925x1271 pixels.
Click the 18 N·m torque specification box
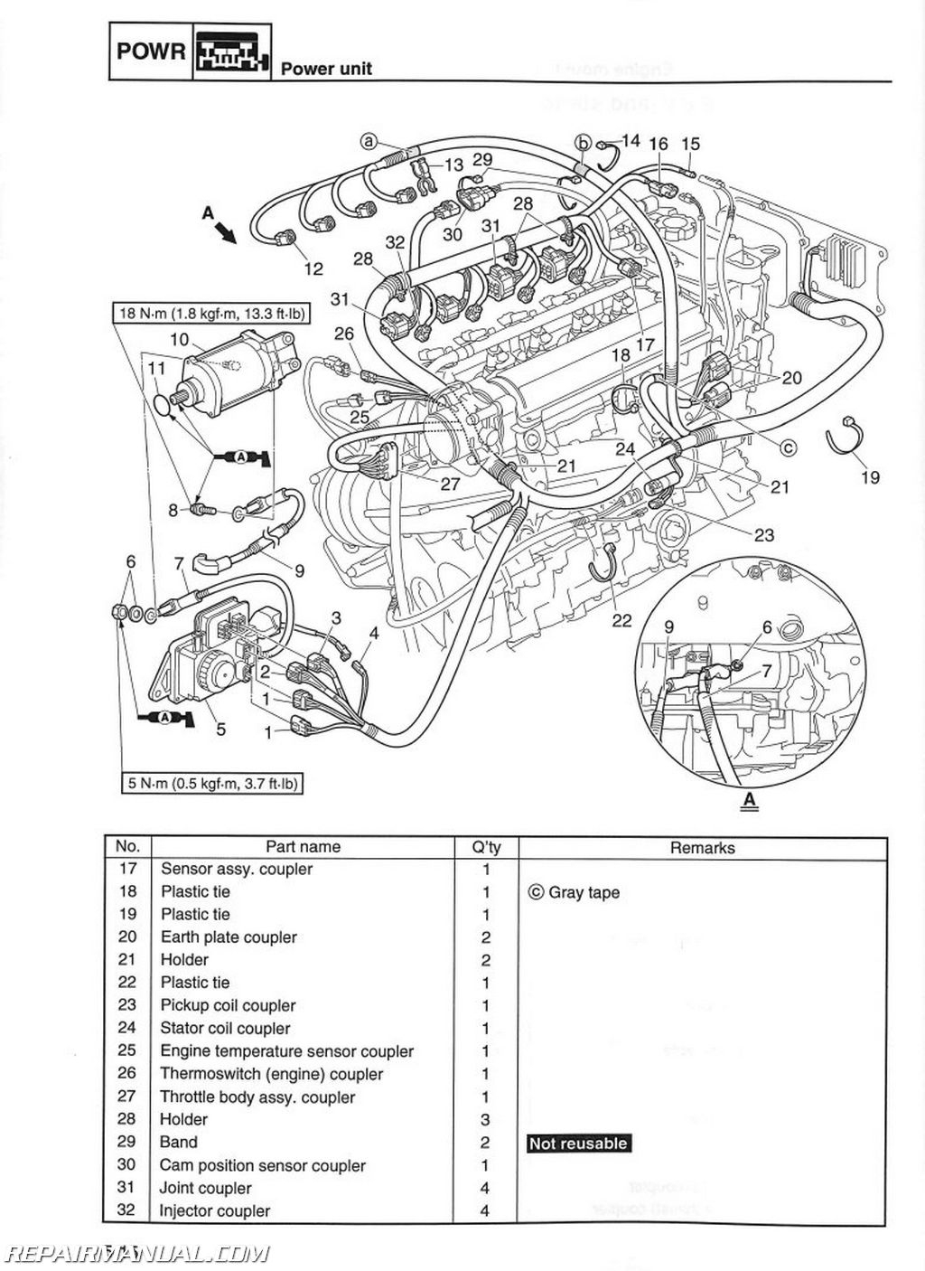[210, 315]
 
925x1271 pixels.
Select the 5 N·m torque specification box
[210, 783]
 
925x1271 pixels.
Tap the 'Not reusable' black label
[578, 1144]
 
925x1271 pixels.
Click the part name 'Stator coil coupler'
[225, 1028]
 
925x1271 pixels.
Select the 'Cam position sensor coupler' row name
[263, 1165]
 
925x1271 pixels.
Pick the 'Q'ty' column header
[486, 847]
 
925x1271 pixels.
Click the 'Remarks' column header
[702, 848]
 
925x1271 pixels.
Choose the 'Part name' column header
[303, 847]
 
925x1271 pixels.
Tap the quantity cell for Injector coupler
[486, 1211]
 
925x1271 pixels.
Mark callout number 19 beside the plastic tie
[869, 476]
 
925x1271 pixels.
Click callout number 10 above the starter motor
[179, 339]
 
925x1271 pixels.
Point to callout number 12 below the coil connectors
[313, 268]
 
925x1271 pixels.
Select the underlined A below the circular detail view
[749, 799]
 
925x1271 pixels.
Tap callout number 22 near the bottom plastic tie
[621, 620]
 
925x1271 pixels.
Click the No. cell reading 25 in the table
[127, 1050]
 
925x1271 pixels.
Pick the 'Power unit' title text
[326, 69]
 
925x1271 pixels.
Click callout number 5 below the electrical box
[220, 729]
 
